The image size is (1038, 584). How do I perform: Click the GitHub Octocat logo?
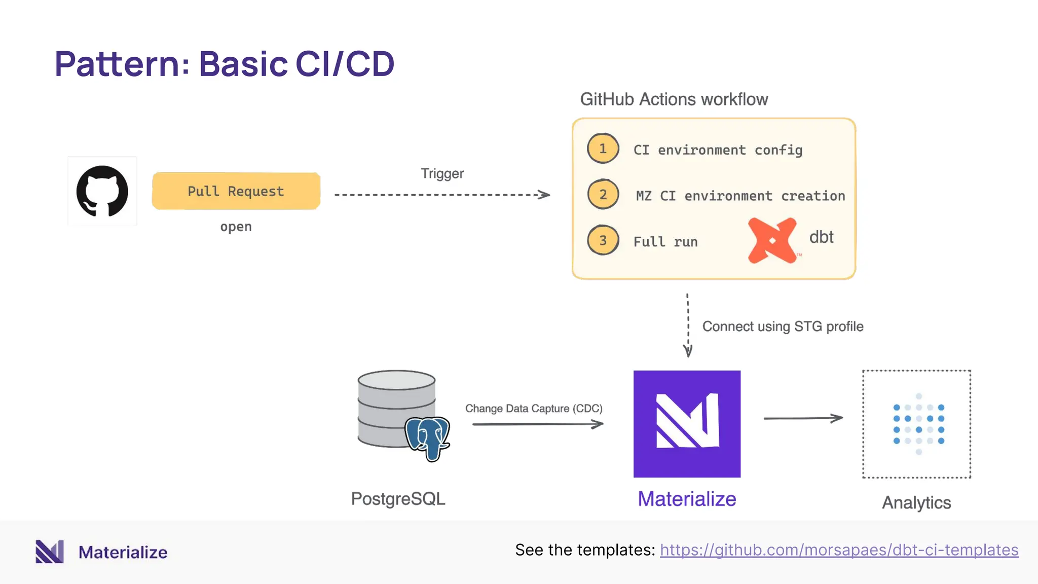coord(102,191)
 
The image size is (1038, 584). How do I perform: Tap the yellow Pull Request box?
coord(236,191)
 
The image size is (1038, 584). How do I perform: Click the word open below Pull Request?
coord(236,227)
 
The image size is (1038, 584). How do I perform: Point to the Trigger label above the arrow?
coord(442,173)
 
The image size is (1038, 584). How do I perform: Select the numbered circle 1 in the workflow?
coord(603,149)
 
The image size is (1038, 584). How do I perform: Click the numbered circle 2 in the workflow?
coord(603,194)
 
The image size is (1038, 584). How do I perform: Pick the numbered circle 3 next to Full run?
coord(603,240)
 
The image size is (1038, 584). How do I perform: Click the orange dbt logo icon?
coord(772,240)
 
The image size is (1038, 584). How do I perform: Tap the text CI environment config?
coord(718,150)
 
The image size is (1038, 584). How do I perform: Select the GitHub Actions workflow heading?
coord(674,99)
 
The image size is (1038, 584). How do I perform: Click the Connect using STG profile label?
coord(783,326)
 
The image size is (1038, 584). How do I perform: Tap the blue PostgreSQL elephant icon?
coord(428,439)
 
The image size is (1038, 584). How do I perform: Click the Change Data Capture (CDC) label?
coord(534,409)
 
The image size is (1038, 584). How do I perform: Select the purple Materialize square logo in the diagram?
coord(687,424)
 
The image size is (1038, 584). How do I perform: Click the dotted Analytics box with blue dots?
coord(916,424)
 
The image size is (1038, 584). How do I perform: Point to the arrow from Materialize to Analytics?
coord(803,418)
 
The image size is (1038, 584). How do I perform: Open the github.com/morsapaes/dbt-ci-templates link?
coord(839,550)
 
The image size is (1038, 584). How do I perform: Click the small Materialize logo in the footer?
coord(50,552)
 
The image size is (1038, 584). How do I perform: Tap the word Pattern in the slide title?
coord(117,64)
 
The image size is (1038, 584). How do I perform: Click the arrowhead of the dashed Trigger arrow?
coord(545,195)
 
